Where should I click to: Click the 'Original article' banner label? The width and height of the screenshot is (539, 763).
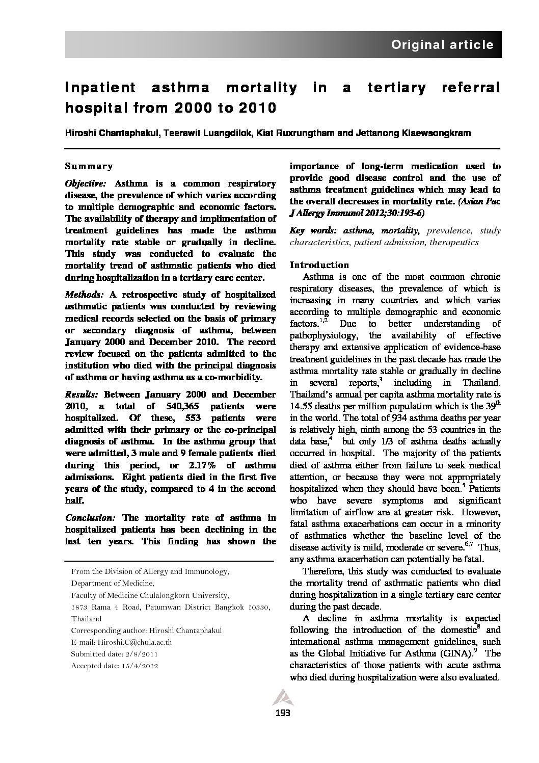[x=442, y=45]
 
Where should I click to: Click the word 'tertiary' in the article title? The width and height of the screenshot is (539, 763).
[x=396, y=88]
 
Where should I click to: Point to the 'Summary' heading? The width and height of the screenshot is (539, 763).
[x=89, y=166]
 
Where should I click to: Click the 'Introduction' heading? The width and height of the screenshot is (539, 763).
[x=319, y=265]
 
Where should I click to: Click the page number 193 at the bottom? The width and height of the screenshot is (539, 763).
[x=282, y=713]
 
